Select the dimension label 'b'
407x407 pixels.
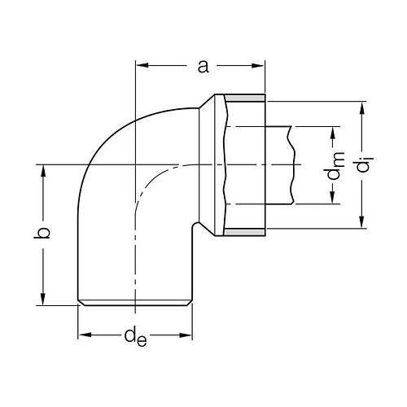[46, 233]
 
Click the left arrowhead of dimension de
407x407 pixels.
[83, 335]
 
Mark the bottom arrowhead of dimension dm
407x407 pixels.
[333, 201]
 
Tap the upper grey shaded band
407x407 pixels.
[243, 97]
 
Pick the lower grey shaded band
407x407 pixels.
[243, 233]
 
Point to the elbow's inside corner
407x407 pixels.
[194, 227]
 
